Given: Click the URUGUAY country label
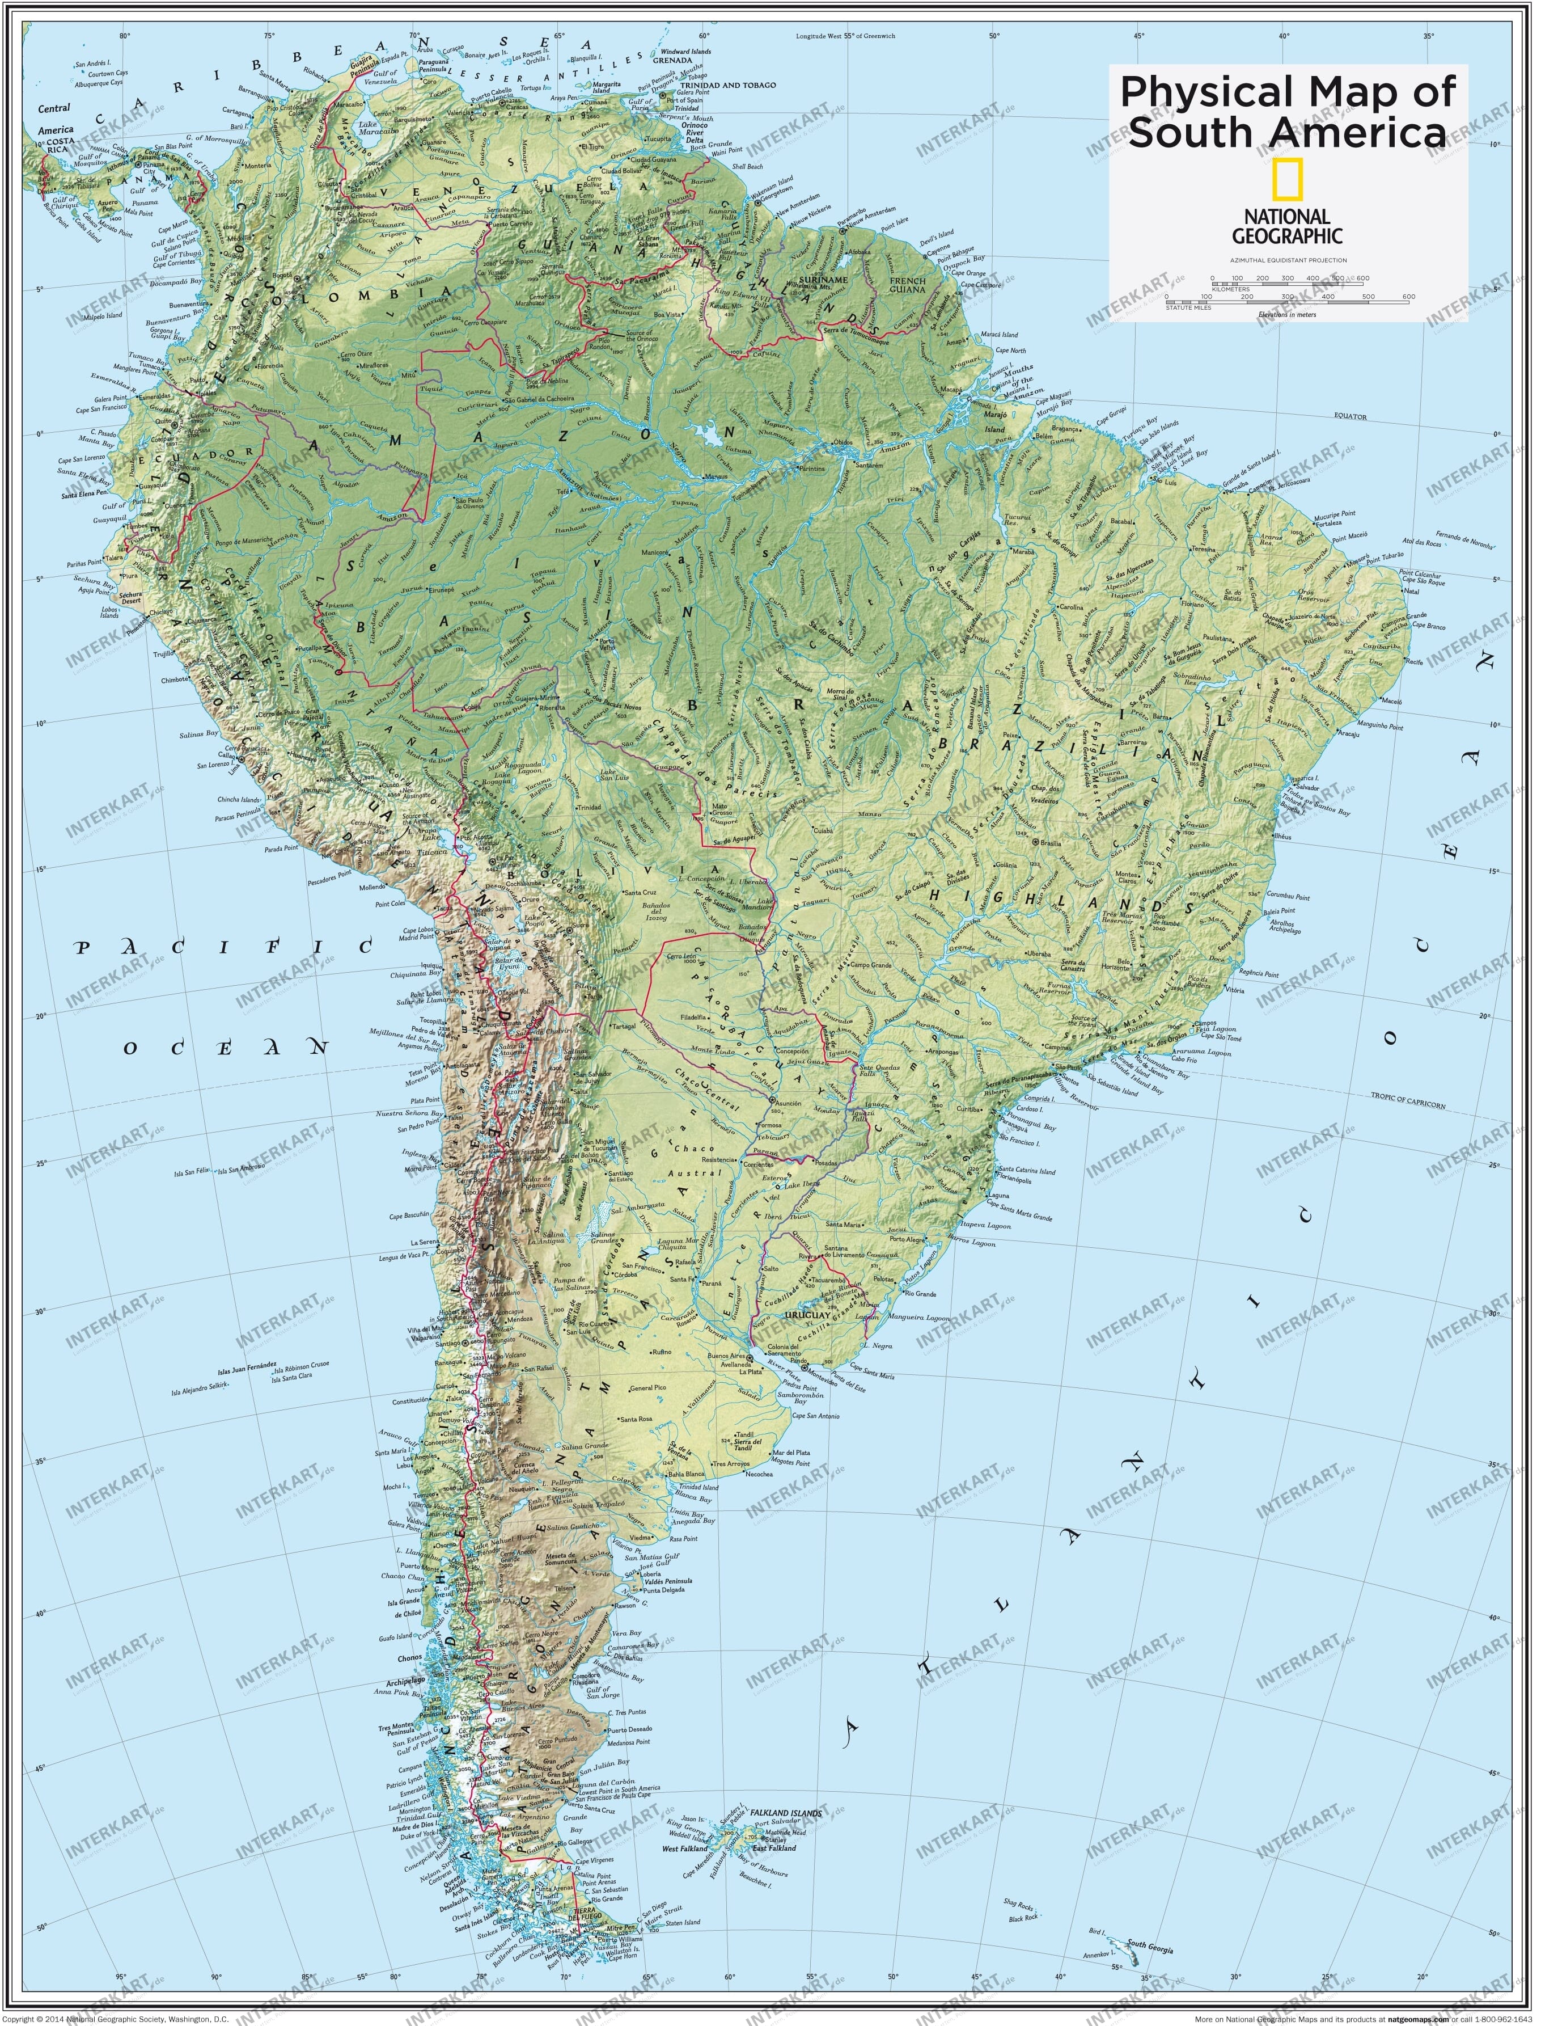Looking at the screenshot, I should (x=807, y=1315).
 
